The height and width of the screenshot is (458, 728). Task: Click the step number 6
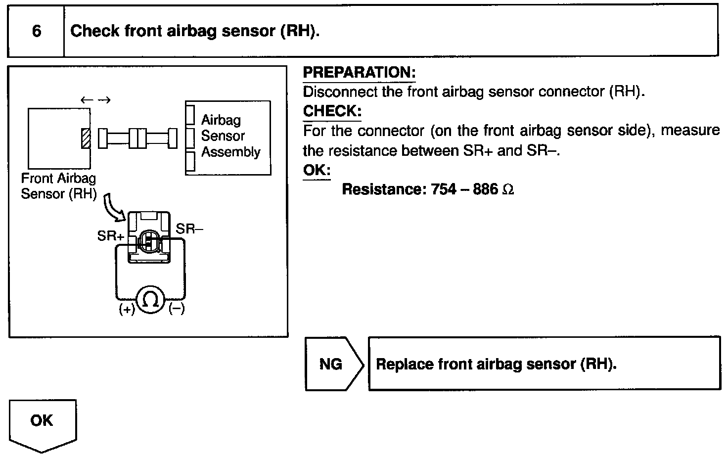point(37,31)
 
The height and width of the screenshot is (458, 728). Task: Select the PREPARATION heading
point(359,72)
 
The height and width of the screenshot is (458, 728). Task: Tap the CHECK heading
point(332,111)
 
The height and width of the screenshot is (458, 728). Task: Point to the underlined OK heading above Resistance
point(317,170)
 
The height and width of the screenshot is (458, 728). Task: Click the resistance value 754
point(444,189)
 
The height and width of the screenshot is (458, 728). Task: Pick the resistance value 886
point(485,189)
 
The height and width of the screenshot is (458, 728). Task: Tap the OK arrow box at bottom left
point(42,422)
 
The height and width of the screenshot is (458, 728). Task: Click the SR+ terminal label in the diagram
point(110,236)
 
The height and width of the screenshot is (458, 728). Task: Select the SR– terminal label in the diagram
point(189,229)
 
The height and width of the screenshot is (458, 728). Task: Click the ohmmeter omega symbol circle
point(150,299)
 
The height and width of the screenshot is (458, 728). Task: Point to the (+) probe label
point(127,310)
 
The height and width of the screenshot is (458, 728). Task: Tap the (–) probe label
point(177,310)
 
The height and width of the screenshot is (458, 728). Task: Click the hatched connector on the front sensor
point(86,138)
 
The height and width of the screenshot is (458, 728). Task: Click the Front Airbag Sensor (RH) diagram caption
point(58,186)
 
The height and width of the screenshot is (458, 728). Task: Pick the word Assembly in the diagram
point(230,152)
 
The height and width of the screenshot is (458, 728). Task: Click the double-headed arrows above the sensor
point(95,100)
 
